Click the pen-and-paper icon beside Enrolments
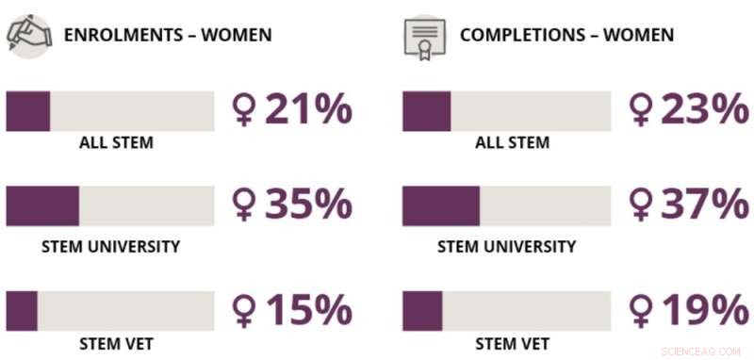[28, 36]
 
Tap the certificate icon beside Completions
[424, 36]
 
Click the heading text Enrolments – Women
[167, 36]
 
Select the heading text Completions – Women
[566, 36]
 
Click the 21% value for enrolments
[307, 110]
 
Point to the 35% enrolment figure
[307, 205]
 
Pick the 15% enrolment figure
[307, 310]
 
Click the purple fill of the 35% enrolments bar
[42, 205]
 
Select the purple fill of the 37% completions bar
[440, 205]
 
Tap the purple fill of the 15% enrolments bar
[22, 310]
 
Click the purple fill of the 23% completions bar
[426, 111]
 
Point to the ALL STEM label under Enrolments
[116, 143]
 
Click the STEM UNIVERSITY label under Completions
[506, 247]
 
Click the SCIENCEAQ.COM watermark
[701, 350]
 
